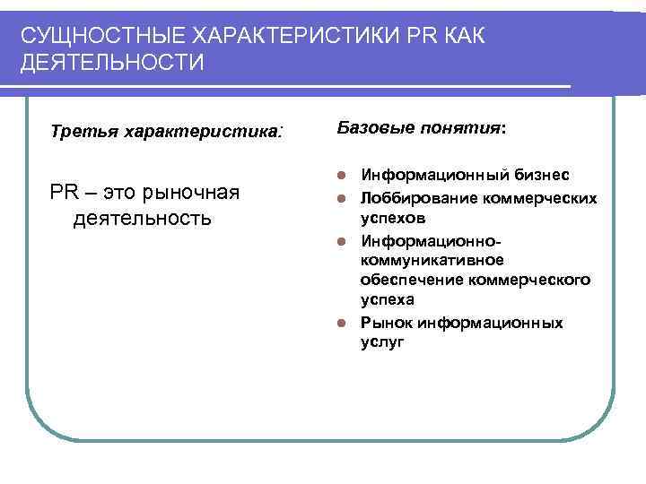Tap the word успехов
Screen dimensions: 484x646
[393, 218]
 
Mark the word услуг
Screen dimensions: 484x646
[382, 342]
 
